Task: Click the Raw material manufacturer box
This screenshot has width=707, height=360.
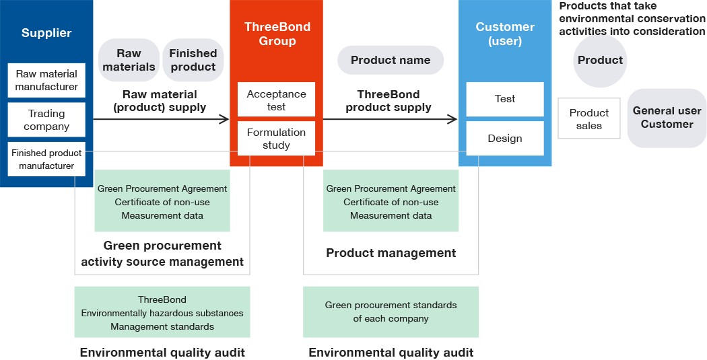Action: tap(46, 80)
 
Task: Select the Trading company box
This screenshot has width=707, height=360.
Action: tap(46, 120)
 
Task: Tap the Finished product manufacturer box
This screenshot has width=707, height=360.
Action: tap(46, 159)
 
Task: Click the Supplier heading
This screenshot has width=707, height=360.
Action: tap(46, 33)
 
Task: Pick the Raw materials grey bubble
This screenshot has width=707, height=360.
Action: tap(129, 60)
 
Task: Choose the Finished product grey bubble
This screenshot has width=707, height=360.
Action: tap(193, 60)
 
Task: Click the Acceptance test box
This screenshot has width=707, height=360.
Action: tap(276, 100)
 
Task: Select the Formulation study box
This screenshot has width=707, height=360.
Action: tap(276, 139)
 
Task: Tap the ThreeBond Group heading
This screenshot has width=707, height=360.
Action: tap(277, 34)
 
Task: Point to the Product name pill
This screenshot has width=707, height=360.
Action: tap(391, 60)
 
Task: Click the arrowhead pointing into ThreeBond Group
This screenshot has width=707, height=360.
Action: tap(224, 119)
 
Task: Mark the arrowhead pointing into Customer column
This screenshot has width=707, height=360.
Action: tap(452, 119)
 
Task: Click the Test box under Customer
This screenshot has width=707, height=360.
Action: tap(505, 99)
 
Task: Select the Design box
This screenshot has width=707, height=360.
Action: tap(505, 139)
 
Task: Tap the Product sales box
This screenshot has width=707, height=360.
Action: tap(589, 118)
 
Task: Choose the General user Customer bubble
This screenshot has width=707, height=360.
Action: tap(667, 118)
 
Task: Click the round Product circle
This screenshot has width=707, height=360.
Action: tap(600, 61)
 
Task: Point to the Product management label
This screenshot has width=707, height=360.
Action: tap(391, 253)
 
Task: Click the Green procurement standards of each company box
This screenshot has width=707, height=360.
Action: tap(391, 312)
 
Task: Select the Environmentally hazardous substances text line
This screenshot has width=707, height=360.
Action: tap(162, 313)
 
